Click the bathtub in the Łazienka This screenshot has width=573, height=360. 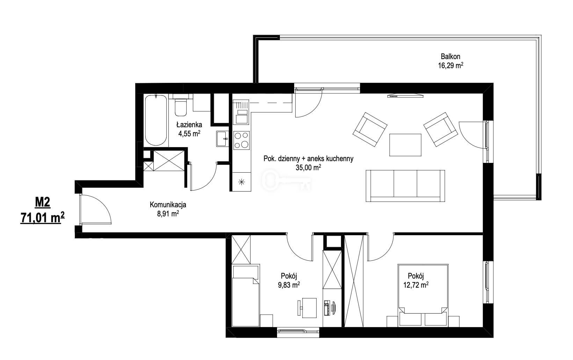pos(156,120)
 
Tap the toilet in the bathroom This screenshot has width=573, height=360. pos(181,107)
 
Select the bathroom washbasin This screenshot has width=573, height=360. pos(222,139)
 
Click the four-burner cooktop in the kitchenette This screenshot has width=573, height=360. pos(241,140)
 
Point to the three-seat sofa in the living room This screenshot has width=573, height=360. pos(405,186)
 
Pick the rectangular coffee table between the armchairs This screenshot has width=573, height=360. pos(405,145)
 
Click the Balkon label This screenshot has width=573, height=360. pos(450,56)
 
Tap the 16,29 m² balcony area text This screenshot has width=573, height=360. pos(450,65)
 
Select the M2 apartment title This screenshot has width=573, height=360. pos(43,203)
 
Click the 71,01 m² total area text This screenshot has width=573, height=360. pos(43,218)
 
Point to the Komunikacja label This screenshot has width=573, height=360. pos(168,205)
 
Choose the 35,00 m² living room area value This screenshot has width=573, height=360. pos(308,167)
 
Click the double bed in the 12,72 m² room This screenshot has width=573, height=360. pos(423,295)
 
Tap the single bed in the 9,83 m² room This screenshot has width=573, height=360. pos(246,296)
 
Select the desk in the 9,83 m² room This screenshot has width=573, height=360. pos(309,308)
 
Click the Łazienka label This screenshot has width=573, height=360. pos(189,125)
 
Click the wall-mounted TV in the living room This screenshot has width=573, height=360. pos(405,96)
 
